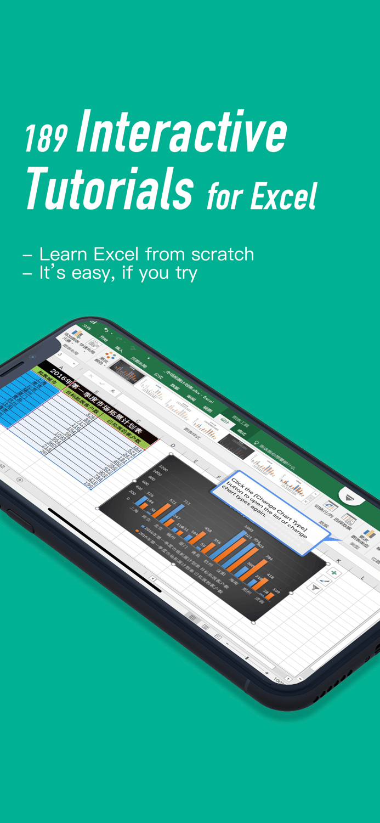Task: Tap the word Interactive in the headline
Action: click(x=182, y=132)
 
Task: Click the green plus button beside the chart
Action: click(x=334, y=573)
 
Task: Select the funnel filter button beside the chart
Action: click(x=315, y=587)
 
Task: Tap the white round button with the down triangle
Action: click(x=351, y=497)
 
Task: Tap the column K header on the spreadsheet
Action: click(x=338, y=560)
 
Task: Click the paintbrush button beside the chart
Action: click(x=324, y=580)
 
